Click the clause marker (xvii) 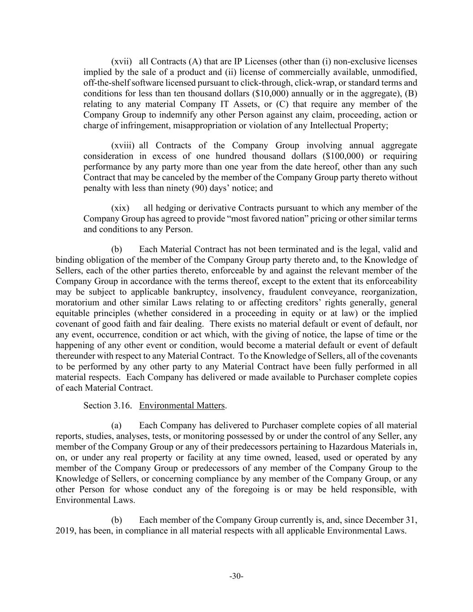pos(122,61)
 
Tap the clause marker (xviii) pos(123,145)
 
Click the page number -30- pos(236,576)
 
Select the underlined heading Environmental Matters pos(182,405)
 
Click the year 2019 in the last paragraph pos(65,531)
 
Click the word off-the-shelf pos(107,83)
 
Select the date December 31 pos(391,520)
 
